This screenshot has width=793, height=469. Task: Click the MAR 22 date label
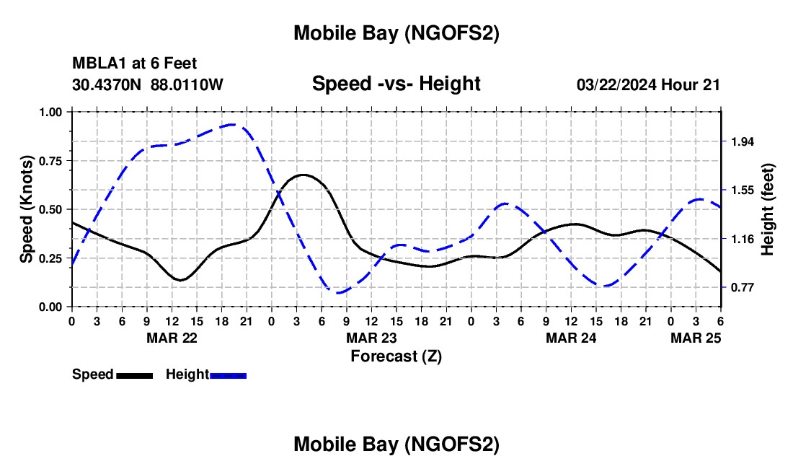coord(172,338)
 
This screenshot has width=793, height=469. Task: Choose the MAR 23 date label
coord(371,338)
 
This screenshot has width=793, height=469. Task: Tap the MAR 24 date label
coord(571,338)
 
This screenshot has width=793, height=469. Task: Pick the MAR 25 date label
coord(696,338)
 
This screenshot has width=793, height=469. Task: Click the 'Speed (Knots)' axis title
coord(27,209)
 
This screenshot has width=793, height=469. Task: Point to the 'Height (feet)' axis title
coord(767,209)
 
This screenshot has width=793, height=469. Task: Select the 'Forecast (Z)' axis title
coord(396,356)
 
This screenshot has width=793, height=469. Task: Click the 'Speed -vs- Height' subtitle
coord(396,84)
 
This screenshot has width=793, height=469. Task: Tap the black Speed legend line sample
coord(134,374)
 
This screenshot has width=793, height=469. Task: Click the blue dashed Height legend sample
coord(228,374)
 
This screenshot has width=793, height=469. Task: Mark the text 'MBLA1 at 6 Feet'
coord(134,64)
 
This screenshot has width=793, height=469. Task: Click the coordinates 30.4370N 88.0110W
coord(148,84)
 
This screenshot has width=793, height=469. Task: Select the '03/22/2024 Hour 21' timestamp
coord(648,84)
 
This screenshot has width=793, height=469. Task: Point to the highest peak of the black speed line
coord(303,175)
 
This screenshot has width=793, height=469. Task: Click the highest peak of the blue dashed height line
coord(232,124)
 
